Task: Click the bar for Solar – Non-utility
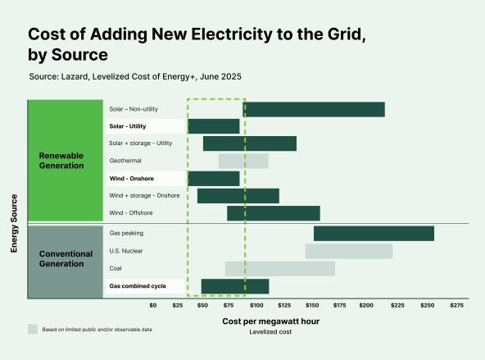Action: pyautogui.click(x=314, y=109)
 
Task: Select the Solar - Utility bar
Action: pyautogui.click(x=214, y=126)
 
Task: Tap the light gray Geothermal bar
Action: pyautogui.click(x=243, y=161)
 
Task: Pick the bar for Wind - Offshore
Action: pyautogui.click(x=273, y=213)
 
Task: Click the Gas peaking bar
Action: pyautogui.click(x=374, y=234)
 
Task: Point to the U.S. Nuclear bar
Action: pyautogui.click(x=349, y=251)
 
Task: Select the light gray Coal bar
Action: pyautogui.click(x=279, y=268)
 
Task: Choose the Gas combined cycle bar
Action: pyautogui.click(x=235, y=286)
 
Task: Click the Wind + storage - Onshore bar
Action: pyautogui.click(x=238, y=196)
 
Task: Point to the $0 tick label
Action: pyautogui.click(x=152, y=305)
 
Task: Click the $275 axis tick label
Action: pyautogui.click(x=456, y=305)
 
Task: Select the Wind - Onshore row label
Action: pyautogui.click(x=132, y=178)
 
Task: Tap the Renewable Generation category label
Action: pyautogui.click(x=61, y=161)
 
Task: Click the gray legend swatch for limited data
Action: pyautogui.click(x=33, y=329)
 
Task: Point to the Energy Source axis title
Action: pyautogui.click(x=14, y=222)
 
